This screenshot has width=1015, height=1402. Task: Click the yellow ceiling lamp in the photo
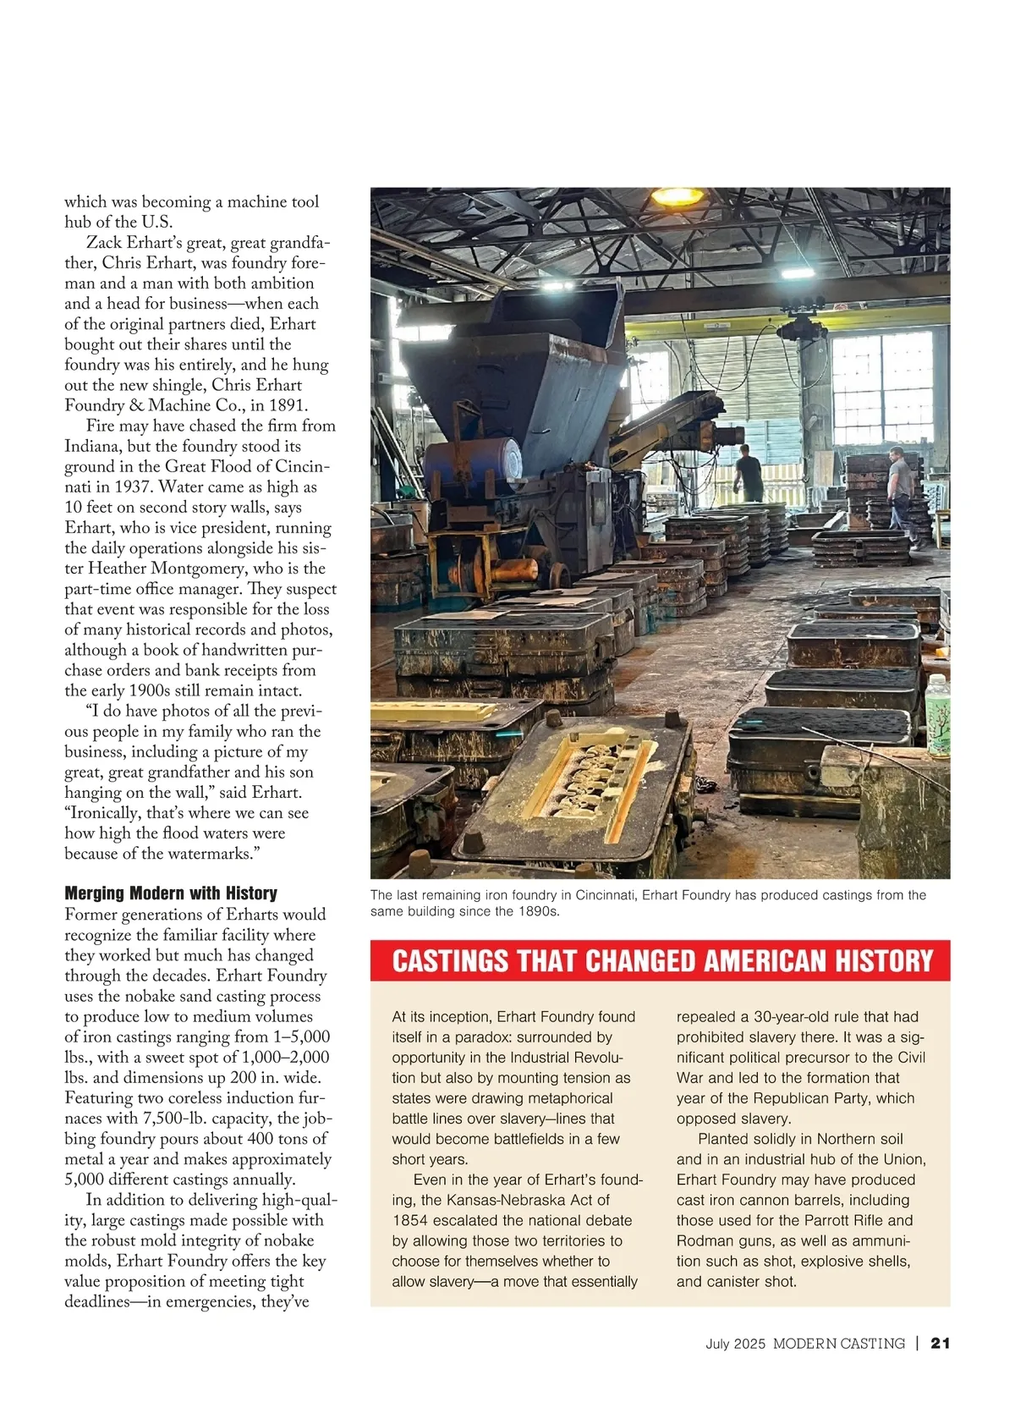677,197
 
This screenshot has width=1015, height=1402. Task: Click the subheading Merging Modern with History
171,893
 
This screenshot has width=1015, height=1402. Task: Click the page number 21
941,1343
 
